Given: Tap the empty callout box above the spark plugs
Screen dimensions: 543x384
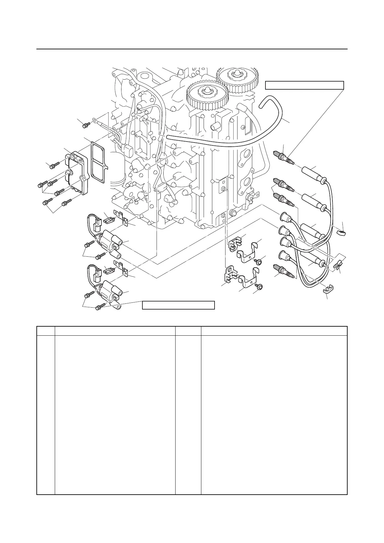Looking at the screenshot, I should [x=304, y=85].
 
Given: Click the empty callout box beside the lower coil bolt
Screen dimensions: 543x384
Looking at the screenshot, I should [x=178, y=305].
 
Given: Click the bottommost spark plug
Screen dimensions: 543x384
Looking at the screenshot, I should [x=283, y=271].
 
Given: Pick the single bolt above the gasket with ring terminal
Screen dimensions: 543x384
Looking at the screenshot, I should [x=86, y=125].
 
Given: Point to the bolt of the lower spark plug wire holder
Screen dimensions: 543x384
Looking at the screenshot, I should [x=260, y=286].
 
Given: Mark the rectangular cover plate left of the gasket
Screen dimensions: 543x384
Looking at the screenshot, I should [x=76, y=174].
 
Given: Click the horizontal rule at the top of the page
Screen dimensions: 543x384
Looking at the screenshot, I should [x=192, y=49].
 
